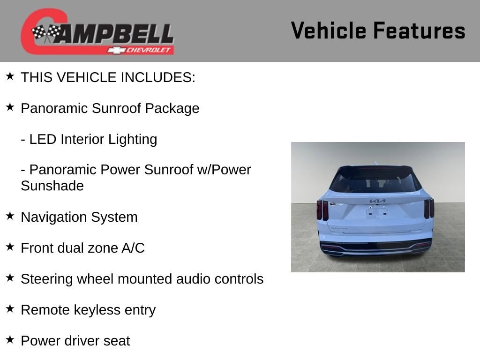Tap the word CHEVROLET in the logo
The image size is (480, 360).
click(x=148, y=50)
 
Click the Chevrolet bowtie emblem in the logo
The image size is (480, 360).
click(x=116, y=50)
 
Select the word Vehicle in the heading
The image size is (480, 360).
click(x=329, y=30)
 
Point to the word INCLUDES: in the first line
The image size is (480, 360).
click(x=158, y=77)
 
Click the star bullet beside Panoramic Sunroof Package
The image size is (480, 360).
click(x=10, y=107)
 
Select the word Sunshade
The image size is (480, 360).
click(x=52, y=186)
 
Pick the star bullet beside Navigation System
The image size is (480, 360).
click(x=10, y=216)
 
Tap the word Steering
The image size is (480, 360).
click(x=47, y=279)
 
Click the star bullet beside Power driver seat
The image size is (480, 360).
click(x=10, y=339)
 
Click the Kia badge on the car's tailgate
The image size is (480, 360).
click(x=377, y=201)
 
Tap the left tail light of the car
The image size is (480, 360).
click(x=322, y=210)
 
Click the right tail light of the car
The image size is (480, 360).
click(x=429, y=209)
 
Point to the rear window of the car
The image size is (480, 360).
click(x=375, y=180)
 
